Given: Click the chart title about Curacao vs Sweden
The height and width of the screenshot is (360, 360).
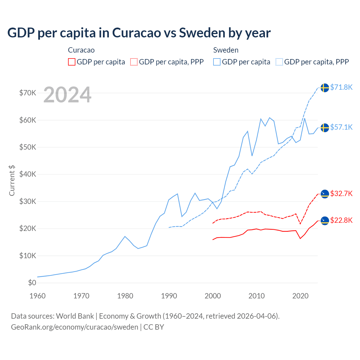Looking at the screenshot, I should pyautogui.click(x=139, y=33).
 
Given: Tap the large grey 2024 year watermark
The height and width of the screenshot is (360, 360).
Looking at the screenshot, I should pyautogui.click(x=67, y=95).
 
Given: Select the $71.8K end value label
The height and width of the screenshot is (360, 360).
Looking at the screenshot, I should pyautogui.click(x=341, y=87).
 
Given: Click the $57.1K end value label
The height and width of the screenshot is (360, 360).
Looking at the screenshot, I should pyautogui.click(x=341, y=127).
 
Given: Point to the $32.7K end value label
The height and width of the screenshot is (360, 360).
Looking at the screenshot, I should pyautogui.click(x=341, y=193).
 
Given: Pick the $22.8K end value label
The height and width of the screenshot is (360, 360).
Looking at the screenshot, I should pyautogui.click(x=341, y=220).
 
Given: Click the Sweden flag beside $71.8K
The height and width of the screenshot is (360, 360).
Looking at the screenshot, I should pyautogui.click(x=325, y=88).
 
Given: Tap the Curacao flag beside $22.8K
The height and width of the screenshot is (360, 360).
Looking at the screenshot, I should pyautogui.click(x=325, y=221).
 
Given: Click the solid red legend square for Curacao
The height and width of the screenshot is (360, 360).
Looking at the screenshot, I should pyautogui.click(x=72, y=62).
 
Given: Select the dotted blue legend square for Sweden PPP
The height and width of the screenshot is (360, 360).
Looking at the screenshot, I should pyautogui.click(x=279, y=62).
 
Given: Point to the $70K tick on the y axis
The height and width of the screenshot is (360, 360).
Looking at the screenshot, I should pyautogui.click(x=28, y=93).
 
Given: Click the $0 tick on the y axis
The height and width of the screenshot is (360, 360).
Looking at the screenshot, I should pyautogui.click(x=32, y=283).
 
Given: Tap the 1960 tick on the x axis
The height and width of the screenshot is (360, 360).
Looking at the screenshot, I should pyautogui.click(x=37, y=296).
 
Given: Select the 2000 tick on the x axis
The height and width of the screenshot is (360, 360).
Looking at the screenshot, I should pyautogui.click(x=213, y=296).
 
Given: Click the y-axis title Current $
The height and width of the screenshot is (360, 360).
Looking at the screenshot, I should pyautogui.click(x=12, y=180).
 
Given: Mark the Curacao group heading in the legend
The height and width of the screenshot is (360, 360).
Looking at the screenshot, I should pyautogui.click(x=81, y=50).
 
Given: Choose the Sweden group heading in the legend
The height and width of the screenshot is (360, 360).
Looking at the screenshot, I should pyautogui.click(x=226, y=50).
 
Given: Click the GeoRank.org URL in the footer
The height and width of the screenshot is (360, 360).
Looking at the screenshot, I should pyautogui.click(x=75, y=327).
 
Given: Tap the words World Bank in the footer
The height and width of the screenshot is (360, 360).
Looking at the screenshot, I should pyautogui.click(x=75, y=316).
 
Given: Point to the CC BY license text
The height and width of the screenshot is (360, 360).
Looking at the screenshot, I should pyautogui.click(x=154, y=327).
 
